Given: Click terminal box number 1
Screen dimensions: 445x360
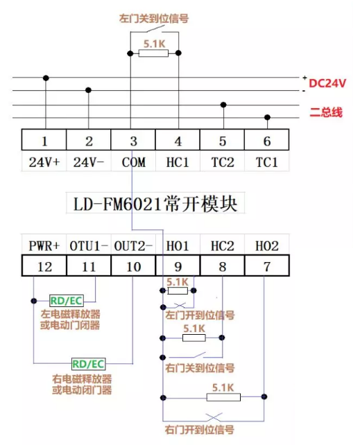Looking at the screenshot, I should pyautogui.click(x=44, y=141).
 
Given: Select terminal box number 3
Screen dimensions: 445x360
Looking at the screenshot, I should pyautogui.click(x=133, y=141).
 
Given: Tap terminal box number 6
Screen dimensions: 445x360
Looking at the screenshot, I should pyautogui.click(x=267, y=141).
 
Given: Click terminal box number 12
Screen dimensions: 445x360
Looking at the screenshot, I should pyautogui.click(x=44, y=265).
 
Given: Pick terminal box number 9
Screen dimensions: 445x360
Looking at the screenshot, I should pyautogui.click(x=178, y=265).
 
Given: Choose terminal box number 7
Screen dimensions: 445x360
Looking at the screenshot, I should pyautogui.click(x=267, y=265).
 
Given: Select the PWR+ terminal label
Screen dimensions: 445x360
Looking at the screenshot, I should pyautogui.click(x=44, y=245).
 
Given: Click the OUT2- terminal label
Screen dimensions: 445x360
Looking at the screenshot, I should pyautogui.click(x=133, y=245).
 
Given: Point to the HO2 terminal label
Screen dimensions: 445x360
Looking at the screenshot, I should pyautogui.click(x=267, y=245).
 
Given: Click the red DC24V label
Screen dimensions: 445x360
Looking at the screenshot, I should pyautogui.click(x=327, y=83).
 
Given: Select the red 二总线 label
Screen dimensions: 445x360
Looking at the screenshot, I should pyautogui.click(x=325, y=112).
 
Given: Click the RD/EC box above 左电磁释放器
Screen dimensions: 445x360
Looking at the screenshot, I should pyautogui.click(x=66, y=301).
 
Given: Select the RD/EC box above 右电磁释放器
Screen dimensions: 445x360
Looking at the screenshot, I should pyautogui.click(x=88, y=363).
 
